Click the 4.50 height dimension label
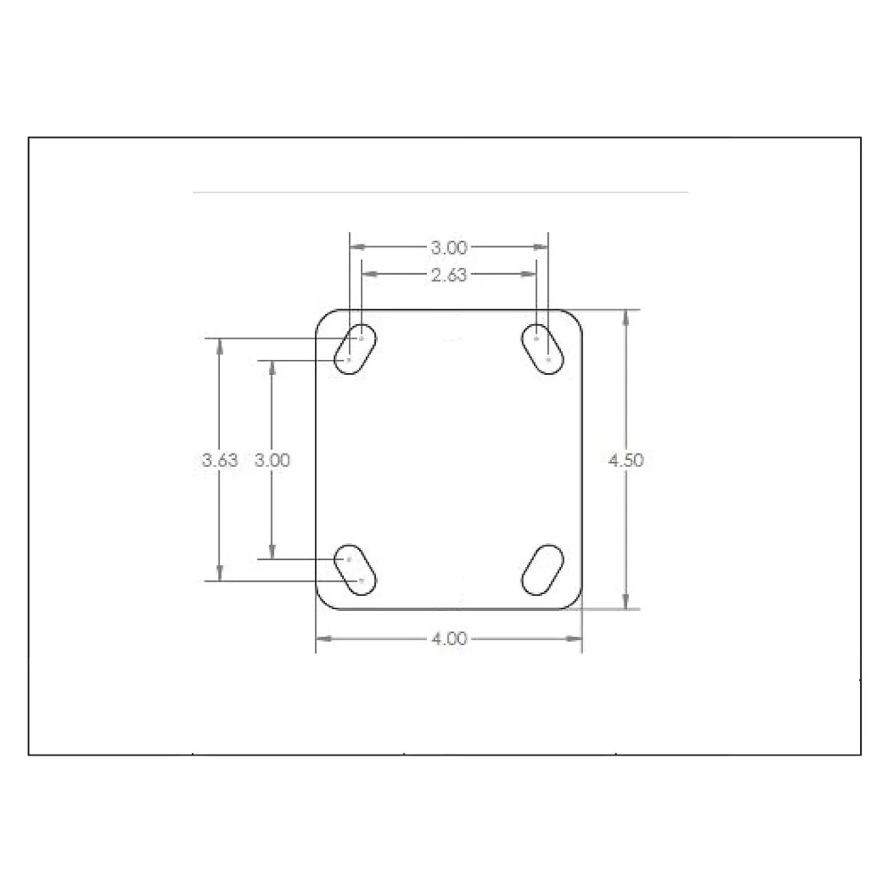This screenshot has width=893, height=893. click(x=626, y=460)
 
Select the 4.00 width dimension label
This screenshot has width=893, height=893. click(x=449, y=638)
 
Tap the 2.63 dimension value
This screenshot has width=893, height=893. click(x=449, y=275)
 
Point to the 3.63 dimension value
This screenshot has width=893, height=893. click(x=220, y=460)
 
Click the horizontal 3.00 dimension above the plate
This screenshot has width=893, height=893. click(x=449, y=247)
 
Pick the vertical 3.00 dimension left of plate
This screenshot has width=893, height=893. click(x=272, y=460)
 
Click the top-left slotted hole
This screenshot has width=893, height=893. click(x=355, y=349)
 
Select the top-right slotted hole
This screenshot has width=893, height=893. click(x=543, y=349)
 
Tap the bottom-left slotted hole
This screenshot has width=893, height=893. click(x=355, y=570)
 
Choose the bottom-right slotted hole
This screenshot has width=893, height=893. click(x=543, y=570)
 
